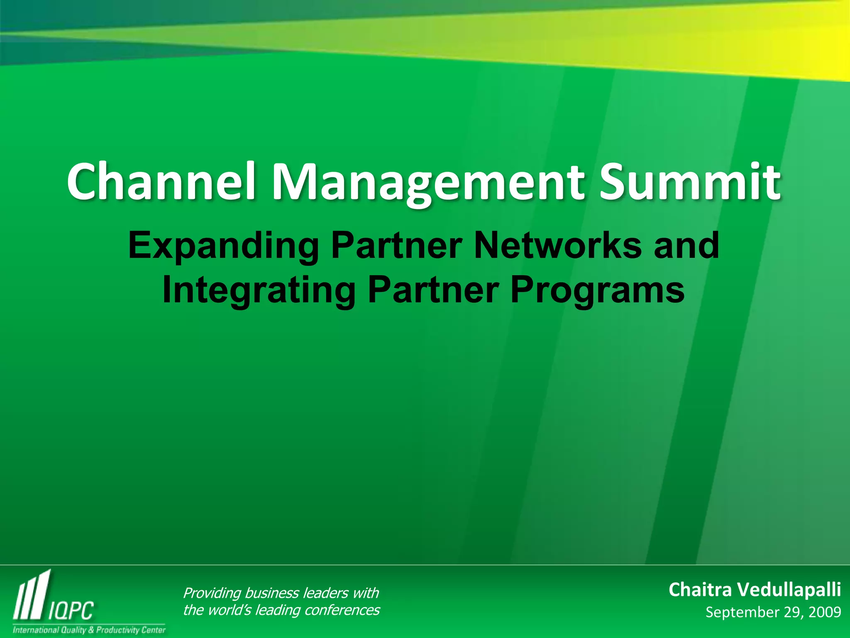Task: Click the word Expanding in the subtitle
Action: point(223,247)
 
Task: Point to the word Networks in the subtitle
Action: point(557,246)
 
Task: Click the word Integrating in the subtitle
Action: point(259,291)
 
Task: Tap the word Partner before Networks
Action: point(396,246)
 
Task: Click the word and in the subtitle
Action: point(686,246)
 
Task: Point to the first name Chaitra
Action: point(700,590)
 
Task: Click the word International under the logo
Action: point(36,630)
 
